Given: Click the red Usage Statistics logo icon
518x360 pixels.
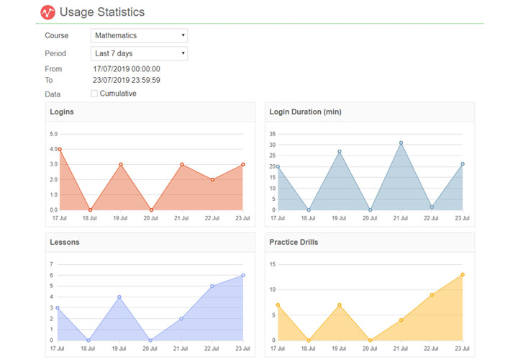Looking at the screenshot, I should click(47, 12).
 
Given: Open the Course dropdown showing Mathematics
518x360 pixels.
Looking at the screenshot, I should click(140, 35).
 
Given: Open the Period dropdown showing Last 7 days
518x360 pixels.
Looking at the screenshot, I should click(140, 53).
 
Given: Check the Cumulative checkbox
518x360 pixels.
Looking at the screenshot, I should click(94, 94).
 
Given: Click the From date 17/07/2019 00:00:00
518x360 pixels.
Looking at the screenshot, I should click(126, 69).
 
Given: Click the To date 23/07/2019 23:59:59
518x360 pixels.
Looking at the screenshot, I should click(126, 80).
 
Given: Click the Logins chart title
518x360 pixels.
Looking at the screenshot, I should click(62, 112).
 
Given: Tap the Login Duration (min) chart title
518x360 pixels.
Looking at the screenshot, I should click(304, 112).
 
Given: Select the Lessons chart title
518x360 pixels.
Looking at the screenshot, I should click(65, 242).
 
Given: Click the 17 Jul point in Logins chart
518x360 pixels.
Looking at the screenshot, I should click(59, 149).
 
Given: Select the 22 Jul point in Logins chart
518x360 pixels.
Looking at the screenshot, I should click(213, 179).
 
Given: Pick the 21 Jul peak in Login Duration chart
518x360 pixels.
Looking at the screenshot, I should click(401, 143).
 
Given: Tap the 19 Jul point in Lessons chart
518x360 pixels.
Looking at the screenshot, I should click(119, 297).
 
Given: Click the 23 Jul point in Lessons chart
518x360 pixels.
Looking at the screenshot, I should click(243, 275).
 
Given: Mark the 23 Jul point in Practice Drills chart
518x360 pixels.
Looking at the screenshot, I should click(463, 274).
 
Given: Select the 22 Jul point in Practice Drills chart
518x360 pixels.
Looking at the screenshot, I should click(432, 294).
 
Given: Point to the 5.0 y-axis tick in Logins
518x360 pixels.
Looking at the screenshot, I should click(53, 134).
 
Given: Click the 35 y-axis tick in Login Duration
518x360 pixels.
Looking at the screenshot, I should click(272, 134).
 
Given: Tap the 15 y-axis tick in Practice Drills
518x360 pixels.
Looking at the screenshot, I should click(272, 264).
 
